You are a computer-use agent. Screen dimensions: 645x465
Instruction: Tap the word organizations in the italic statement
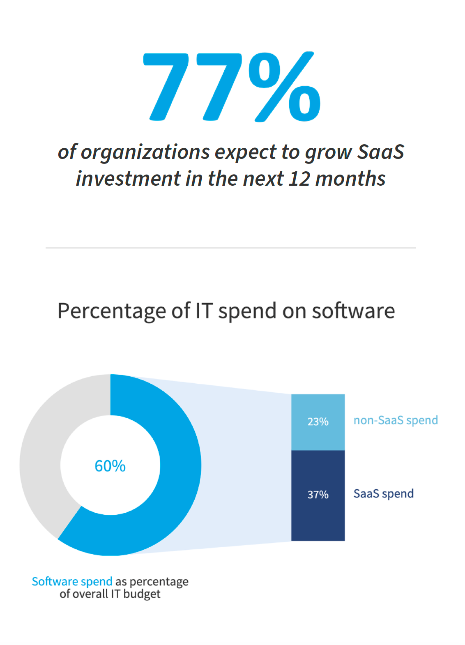[145, 153]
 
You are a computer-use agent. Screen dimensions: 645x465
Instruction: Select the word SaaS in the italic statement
[380, 152]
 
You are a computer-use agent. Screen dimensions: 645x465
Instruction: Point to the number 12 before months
[299, 179]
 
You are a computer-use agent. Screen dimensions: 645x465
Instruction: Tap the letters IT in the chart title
[203, 311]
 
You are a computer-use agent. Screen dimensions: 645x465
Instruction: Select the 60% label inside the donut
[110, 466]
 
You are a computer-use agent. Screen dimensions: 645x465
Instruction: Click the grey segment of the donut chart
[41, 452]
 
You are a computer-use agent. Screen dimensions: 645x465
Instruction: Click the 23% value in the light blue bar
[318, 422]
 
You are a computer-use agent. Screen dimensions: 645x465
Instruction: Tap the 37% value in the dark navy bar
[318, 495]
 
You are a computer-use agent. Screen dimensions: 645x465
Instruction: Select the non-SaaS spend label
[396, 420]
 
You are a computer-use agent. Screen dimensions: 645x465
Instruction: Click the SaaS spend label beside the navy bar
[383, 494]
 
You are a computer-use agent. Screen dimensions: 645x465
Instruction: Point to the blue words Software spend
[72, 582]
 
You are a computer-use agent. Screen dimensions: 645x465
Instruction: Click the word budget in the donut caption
[142, 594]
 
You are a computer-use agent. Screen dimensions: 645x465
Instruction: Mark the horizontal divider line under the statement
[230, 248]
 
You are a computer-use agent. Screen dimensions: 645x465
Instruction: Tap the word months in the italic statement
[350, 179]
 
